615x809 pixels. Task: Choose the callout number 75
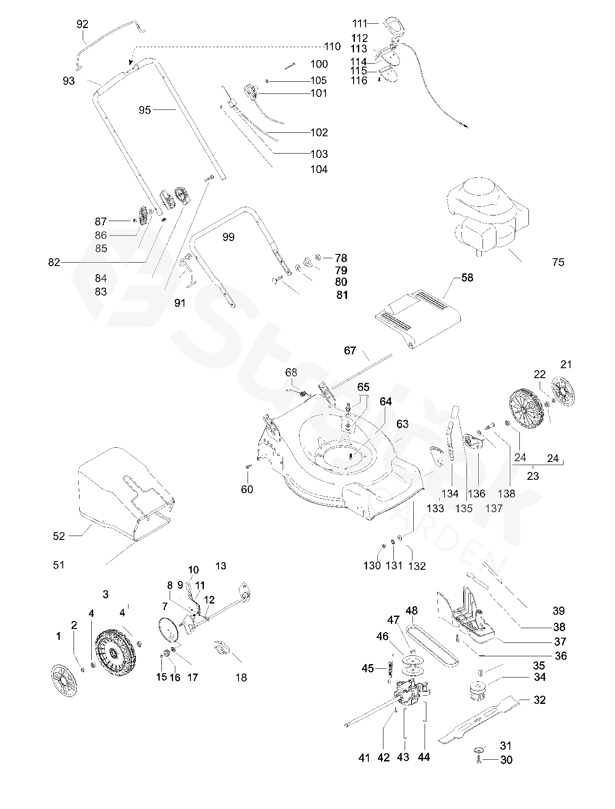point(558,262)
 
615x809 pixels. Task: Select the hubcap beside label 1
point(64,681)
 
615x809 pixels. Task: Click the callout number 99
point(228,237)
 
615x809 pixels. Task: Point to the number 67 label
point(350,350)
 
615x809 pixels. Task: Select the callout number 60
point(247,489)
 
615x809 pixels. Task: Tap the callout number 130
point(372,565)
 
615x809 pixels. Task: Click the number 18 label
point(241,677)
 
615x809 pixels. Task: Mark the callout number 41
point(364,758)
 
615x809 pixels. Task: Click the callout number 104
point(319,169)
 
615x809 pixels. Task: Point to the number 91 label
point(180,303)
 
